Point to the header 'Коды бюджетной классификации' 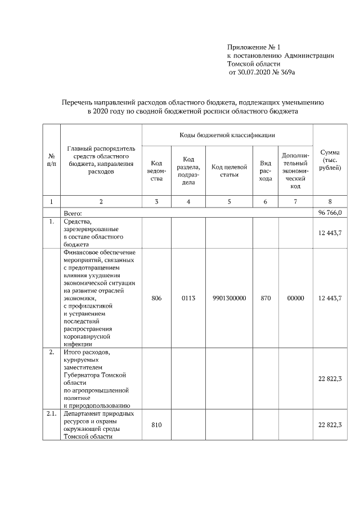click(227, 135)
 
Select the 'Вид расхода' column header click(265, 170)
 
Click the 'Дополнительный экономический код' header click(295, 170)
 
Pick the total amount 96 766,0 click(330, 212)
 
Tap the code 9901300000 click(229, 298)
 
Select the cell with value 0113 click(188, 298)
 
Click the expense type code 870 click(265, 298)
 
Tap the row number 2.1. click(52, 413)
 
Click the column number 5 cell click(229, 201)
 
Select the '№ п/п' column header click(52, 160)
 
